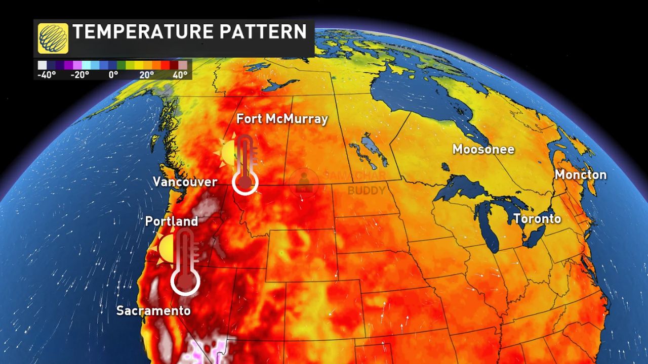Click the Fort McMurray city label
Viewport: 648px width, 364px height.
pos(282,119)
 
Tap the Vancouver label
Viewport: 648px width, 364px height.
pos(185,182)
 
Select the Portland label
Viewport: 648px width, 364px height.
pos(171,221)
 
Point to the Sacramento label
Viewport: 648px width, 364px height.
pos(153,310)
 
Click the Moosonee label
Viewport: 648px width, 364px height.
pos(483,149)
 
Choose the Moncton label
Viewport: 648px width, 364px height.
pos(580,175)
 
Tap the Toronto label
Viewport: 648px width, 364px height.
pos(537,219)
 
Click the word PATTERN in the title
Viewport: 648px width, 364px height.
pos(269,32)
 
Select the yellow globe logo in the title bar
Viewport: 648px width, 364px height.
pos(53,38)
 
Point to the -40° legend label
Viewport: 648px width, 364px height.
pos(47,74)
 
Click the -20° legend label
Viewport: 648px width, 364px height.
pos(79,74)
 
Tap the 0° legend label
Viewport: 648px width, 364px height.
pos(113,74)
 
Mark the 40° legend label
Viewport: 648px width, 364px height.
pos(180,74)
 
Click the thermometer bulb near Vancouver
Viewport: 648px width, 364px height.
pos(246,182)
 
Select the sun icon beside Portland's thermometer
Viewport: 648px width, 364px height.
pos(167,248)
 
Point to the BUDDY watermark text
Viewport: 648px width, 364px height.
pos(366,191)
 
